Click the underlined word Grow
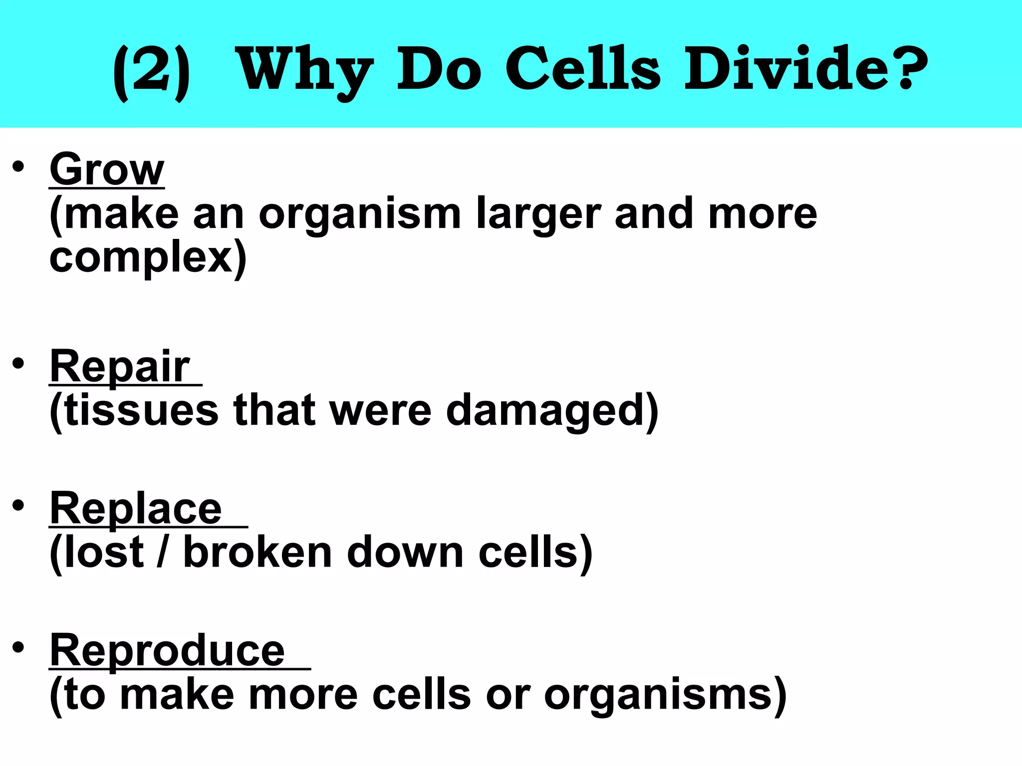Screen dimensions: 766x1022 tap(107, 170)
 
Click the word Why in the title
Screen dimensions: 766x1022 tap(304, 70)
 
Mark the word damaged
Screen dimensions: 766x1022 tap(549, 411)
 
